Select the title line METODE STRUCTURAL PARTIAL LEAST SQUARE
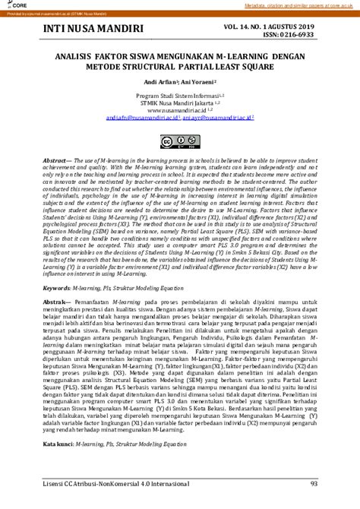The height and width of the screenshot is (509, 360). (179, 65)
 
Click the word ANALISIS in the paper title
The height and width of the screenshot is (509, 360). (74, 55)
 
